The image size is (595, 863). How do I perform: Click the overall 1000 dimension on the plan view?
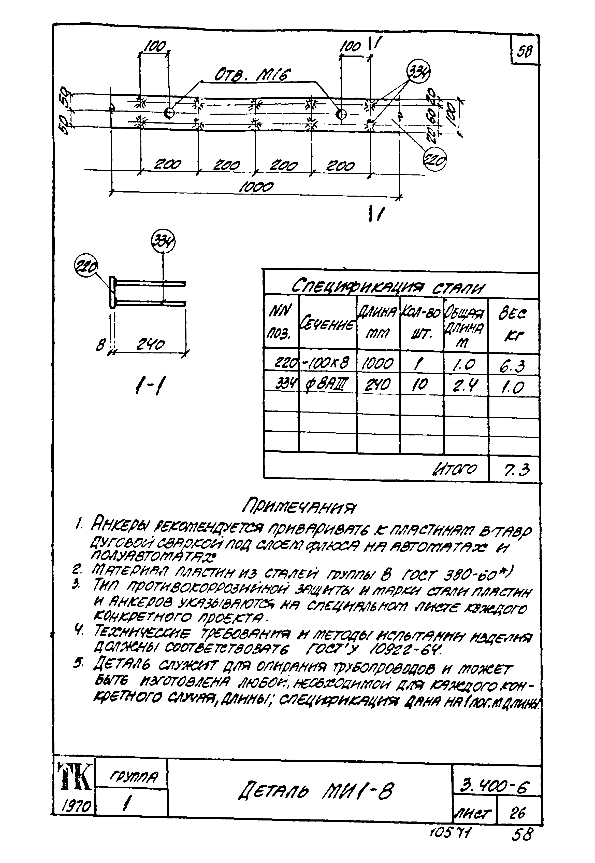click(x=256, y=187)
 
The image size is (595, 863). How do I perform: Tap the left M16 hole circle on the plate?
click(x=169, y=113)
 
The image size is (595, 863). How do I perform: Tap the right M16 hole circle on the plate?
click(x=341, y=114)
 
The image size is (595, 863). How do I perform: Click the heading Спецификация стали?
click(x=388, y=286)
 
